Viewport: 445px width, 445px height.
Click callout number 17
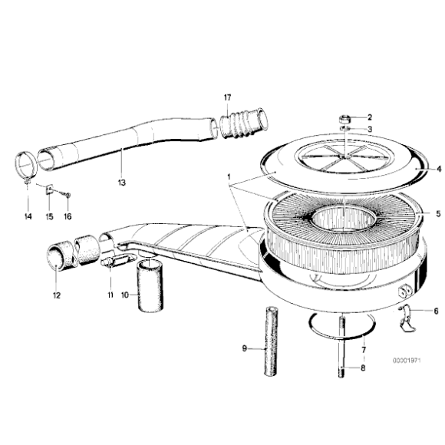click(228, 97)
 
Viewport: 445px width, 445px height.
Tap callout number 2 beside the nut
click(368, 117)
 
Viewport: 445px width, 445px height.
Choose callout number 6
click(436, 311)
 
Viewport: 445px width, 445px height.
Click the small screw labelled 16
click(67, 196)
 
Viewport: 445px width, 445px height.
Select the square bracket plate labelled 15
click(48, 189)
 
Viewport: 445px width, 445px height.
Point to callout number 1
click(228, 176)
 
